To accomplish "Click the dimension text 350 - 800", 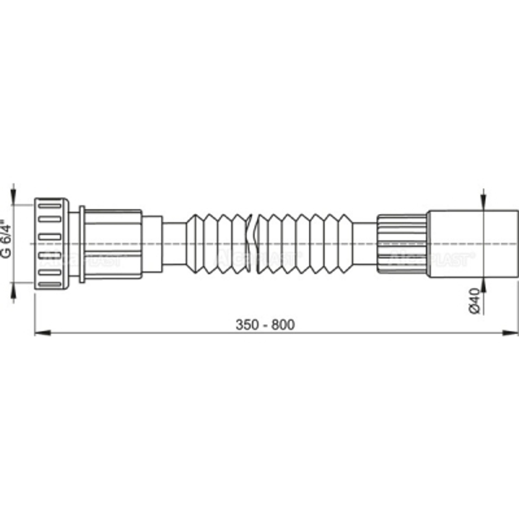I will (265, 325).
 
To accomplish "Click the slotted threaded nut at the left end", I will (51, 242).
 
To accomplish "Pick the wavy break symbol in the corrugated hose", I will (251, 243).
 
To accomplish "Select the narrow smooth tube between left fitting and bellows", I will (174, 243).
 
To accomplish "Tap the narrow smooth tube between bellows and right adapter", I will (365, 243).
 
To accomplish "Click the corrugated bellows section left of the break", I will (218, 243).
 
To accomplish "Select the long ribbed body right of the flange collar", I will (113, 243).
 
